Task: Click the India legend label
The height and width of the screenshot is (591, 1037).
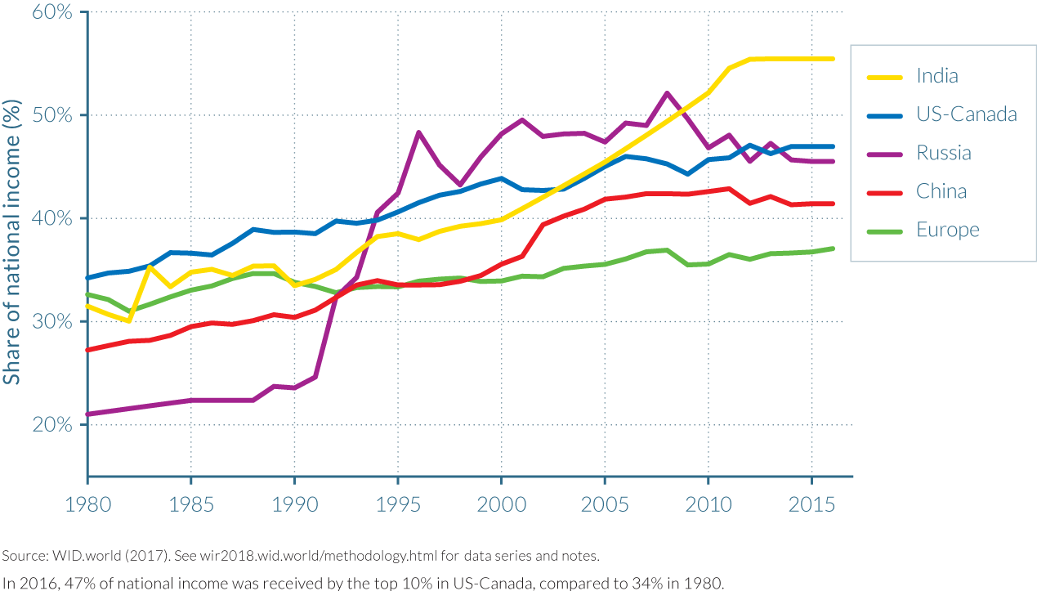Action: [937, 76]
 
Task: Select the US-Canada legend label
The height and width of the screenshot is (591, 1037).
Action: [967, 114]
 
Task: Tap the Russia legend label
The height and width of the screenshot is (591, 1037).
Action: [944, 153]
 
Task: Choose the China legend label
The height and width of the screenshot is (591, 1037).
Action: [941, 191]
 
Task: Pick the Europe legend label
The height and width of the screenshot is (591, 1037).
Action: [948, 231]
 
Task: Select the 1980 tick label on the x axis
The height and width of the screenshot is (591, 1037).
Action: [87, 505]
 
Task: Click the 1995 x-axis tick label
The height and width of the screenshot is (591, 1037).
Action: [397, 505]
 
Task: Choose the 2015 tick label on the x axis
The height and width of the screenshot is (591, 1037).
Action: [811, 505]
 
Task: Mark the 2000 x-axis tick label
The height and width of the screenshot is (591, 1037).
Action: [501, 505]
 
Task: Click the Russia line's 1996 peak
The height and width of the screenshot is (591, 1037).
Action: [418, 132]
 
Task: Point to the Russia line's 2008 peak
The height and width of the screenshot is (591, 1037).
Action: [667, 93]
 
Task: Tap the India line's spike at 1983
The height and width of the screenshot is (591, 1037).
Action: [150, 266]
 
